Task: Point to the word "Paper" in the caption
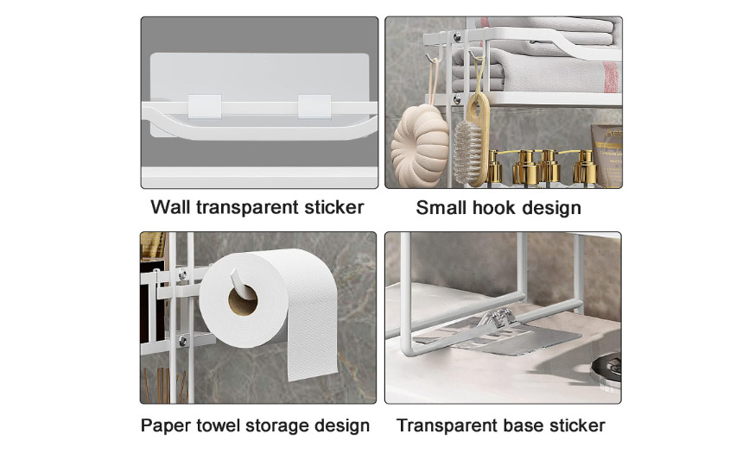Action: click(x=165, y=425)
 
